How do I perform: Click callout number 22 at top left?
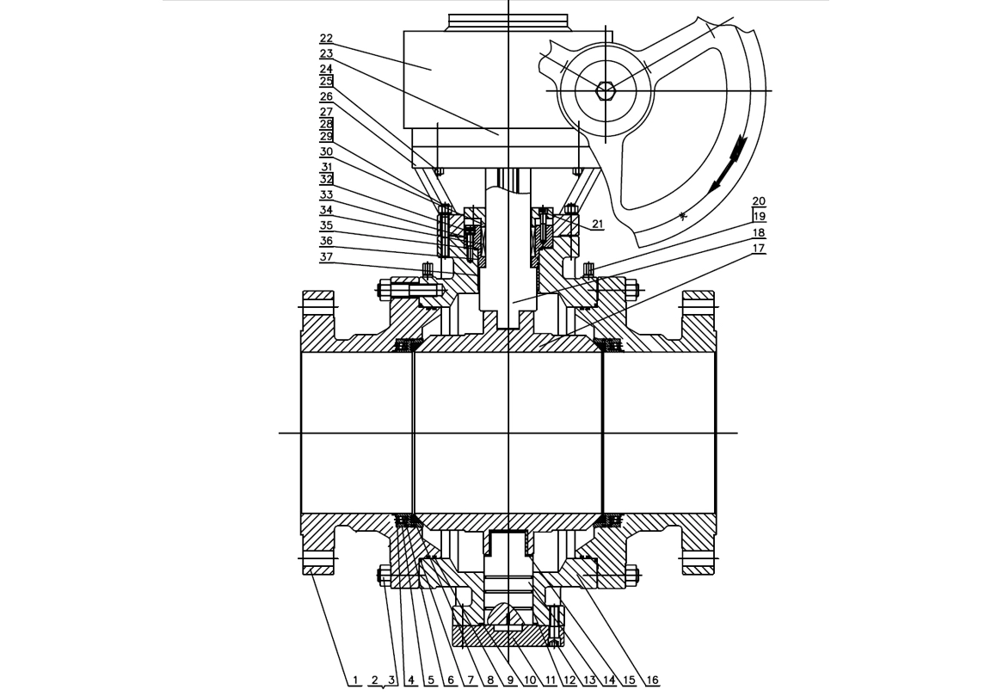326,39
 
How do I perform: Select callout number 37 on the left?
326,256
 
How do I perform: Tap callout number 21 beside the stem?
598,225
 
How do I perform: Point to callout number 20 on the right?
758,202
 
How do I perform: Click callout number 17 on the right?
758,249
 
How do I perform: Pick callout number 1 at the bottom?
354,681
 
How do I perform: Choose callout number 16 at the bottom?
652,681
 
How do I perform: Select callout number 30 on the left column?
326,151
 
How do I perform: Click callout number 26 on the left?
326,96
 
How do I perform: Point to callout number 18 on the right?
758,233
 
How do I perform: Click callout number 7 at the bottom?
470,681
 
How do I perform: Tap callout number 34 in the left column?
326,210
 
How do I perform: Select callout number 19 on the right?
758,217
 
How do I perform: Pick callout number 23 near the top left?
326,53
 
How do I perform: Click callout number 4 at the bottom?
411,681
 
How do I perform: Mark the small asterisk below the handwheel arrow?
681,216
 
